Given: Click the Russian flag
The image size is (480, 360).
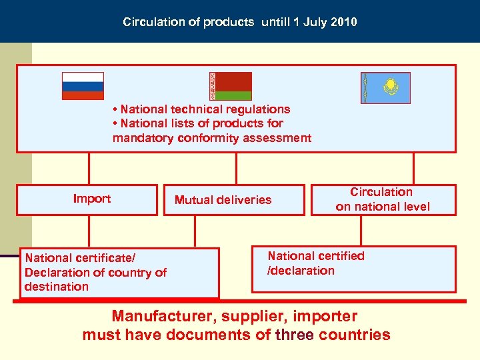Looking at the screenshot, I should click(83, 86).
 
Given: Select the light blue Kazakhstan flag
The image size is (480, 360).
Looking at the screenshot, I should click(385, 88).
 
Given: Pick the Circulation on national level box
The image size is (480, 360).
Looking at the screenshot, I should click(383, 199).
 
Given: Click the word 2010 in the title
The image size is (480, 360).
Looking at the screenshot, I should click(343, 22).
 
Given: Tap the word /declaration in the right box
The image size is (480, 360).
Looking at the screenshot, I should click(301, 270).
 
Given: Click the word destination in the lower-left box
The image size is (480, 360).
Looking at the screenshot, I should click(56, 287).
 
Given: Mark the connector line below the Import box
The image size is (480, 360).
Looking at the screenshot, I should click(89, 231).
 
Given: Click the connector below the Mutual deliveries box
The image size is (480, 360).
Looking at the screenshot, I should click(195, 231).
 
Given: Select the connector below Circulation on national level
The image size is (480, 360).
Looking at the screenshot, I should click(361, 231).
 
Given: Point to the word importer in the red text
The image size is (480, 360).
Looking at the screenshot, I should click(327, 316).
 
